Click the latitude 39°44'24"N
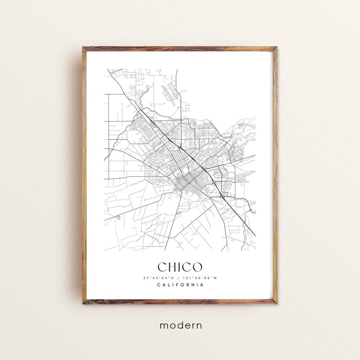[x=158, y=278]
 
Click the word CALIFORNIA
[x=180, y=285]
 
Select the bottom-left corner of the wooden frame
[x=84, y=304]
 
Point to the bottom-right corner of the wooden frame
[x=276, y=304]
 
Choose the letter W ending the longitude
[x=216, y=278]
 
